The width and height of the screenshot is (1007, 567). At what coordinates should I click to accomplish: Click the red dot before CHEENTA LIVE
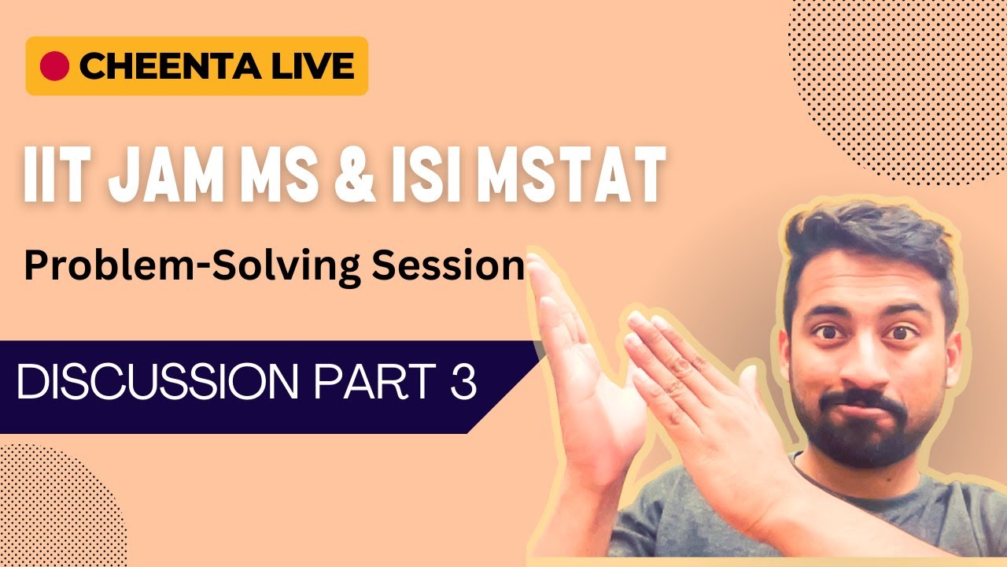pos(54,66)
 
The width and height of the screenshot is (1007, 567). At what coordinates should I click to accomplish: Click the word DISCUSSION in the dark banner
pos(157,384)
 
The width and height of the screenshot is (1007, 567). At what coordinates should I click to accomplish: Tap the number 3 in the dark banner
pos(463,384)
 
